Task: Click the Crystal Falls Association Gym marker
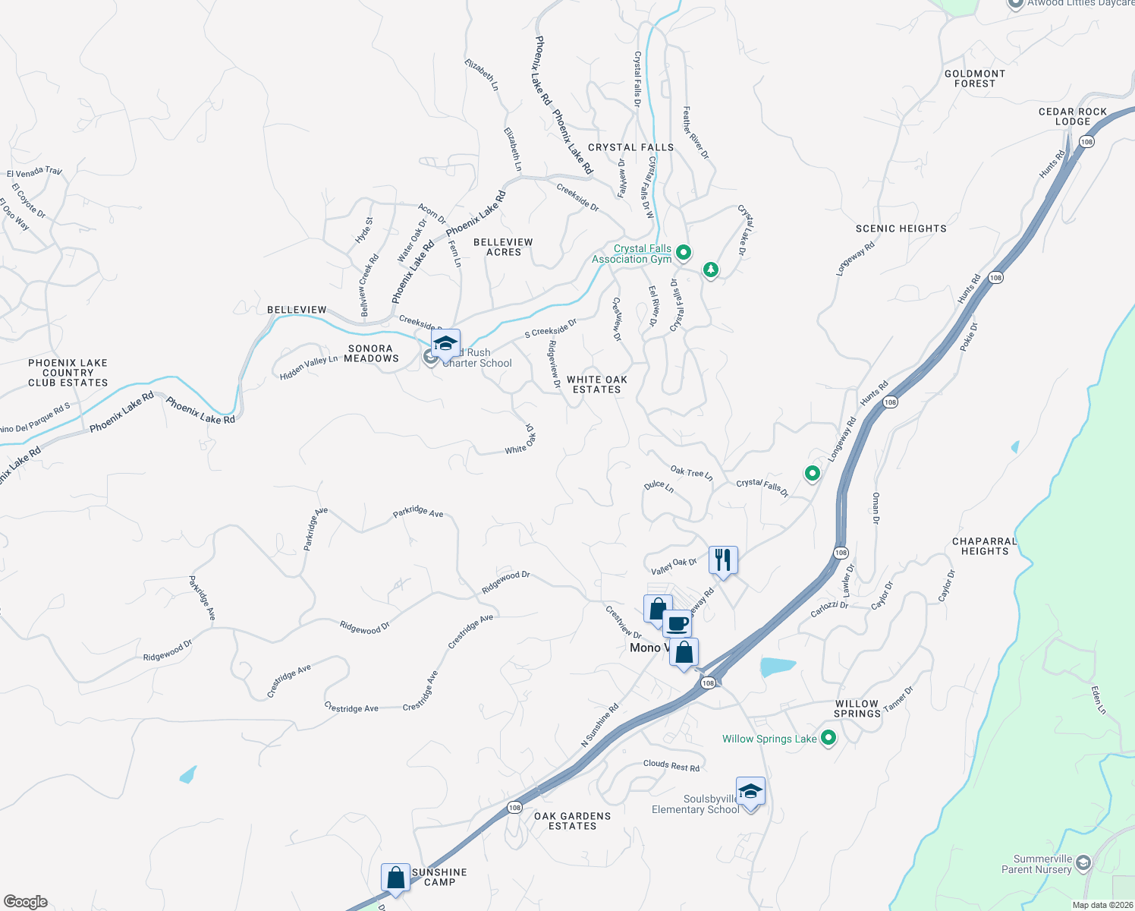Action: pos(683,252)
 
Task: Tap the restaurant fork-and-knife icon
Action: pos(722,560)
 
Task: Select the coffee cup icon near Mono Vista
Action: pos(678,624)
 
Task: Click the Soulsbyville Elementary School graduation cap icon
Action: pos(750,792)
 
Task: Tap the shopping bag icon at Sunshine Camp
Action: pos(395,878)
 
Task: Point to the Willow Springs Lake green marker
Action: pos(828,737)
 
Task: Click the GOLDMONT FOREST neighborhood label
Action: pos(974,79)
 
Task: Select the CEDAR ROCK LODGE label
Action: pos(1072,116)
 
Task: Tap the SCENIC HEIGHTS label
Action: pos(901,229)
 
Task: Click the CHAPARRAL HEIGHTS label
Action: pos(984,546)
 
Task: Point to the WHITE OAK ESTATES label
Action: pos(597,384)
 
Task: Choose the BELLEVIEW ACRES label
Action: pos(503,247)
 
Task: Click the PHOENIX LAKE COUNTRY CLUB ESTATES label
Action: pos(68,373)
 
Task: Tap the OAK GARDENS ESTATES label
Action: pos(572,821)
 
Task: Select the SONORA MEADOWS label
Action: pos(371,353)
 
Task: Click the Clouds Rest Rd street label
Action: pos(671,765)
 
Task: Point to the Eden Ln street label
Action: pos(1099,700)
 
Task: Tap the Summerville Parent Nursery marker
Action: pos(1083,863)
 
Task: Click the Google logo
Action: pos(26,902)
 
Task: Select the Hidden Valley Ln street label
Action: pos(309,367)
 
